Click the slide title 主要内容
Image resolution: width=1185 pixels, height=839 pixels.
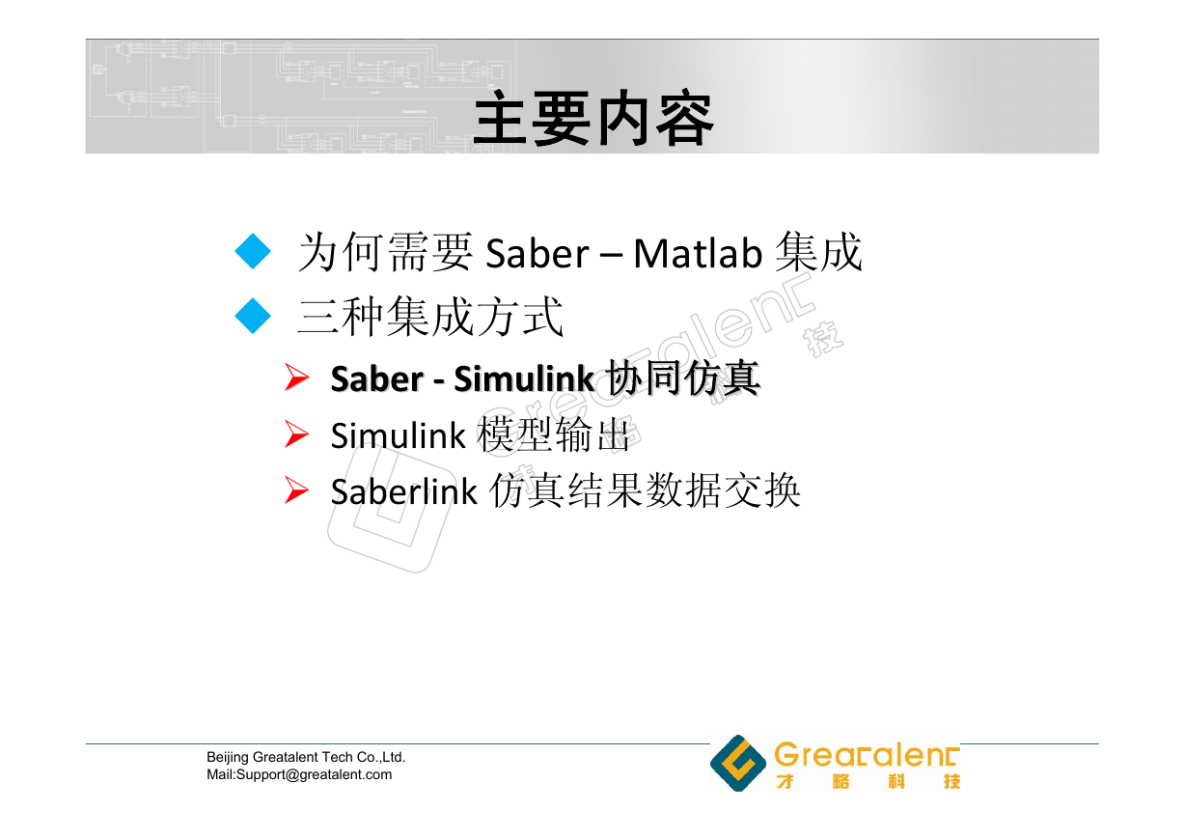(593, 118)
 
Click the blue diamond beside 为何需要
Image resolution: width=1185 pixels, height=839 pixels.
(252, 251)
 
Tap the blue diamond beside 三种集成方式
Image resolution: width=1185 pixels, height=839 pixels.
(252, 316)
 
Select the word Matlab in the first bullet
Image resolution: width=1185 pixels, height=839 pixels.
(698, 254)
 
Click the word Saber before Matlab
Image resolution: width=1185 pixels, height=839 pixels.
(537, 254)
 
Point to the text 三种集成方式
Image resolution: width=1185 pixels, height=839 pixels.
(430, 317)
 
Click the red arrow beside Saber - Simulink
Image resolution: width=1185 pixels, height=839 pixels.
(296, 378)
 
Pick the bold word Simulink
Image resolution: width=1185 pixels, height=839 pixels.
(524, 379)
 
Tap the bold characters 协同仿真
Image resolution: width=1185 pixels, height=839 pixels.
(682, 378)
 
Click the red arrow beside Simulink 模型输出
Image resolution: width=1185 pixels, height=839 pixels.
(296, 434)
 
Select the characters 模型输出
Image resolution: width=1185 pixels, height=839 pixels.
(553, 434)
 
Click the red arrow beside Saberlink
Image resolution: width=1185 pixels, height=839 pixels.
(296, 490)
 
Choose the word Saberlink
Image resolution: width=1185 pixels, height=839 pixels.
(403, 491)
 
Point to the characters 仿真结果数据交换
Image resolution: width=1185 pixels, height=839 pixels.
(645, 491)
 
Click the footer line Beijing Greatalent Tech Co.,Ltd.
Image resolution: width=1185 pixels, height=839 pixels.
(306, 757)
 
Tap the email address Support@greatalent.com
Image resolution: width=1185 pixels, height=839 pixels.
(314, 774)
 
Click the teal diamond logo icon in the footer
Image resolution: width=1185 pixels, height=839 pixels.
(738, 763)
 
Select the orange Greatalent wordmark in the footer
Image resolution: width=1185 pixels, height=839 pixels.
(867, 754)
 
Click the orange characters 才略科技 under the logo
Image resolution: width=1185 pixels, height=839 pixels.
(868, 781)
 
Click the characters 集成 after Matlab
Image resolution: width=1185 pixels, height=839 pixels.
(818, 252)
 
